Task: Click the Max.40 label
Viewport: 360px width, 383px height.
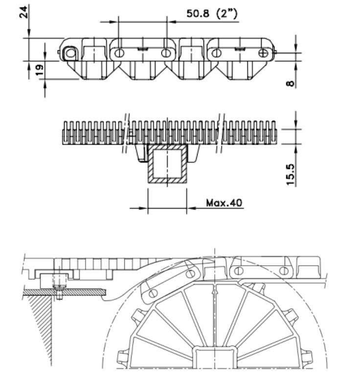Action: coord(224,203)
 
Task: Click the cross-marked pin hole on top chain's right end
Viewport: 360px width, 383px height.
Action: coord(264,52)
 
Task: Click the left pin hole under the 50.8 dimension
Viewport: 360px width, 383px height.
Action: coord(118,52)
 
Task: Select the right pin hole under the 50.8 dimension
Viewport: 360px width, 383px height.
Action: coord(166,52)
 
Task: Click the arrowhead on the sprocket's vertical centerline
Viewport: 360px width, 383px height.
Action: coord(213,293)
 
